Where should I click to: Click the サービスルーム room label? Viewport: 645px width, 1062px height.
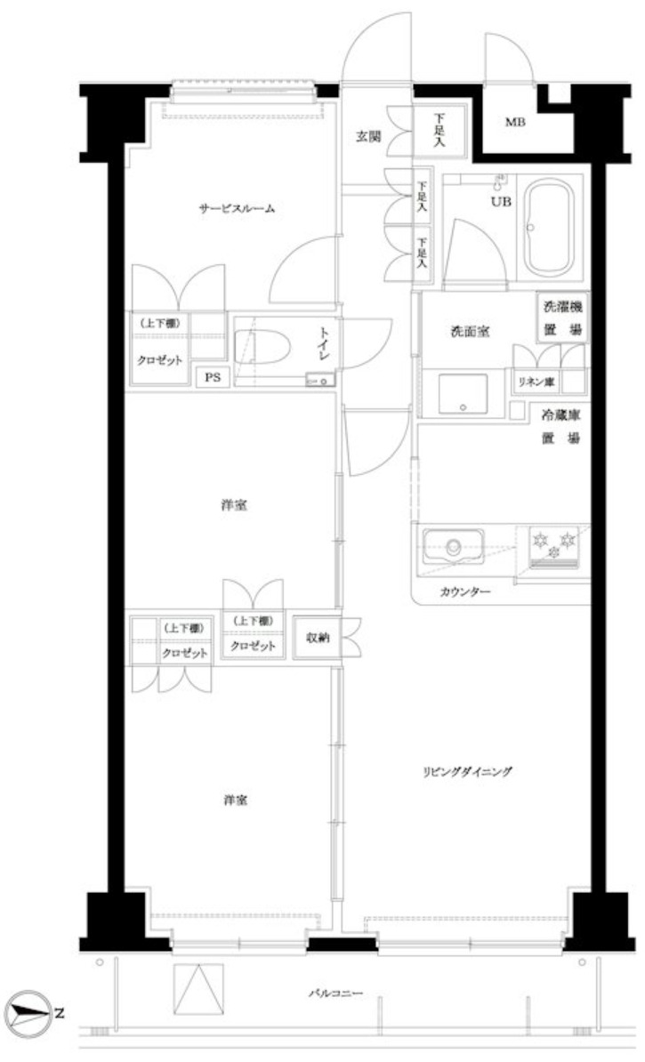point(236,210)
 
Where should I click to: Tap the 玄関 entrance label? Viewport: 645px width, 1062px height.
point(368,136)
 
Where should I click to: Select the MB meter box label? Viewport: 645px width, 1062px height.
point(516,122)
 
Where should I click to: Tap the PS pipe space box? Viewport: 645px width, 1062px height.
point(212,377)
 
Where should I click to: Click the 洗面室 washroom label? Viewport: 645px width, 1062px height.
point(469,332)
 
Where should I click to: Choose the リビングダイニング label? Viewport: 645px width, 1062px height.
point(467,771)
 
